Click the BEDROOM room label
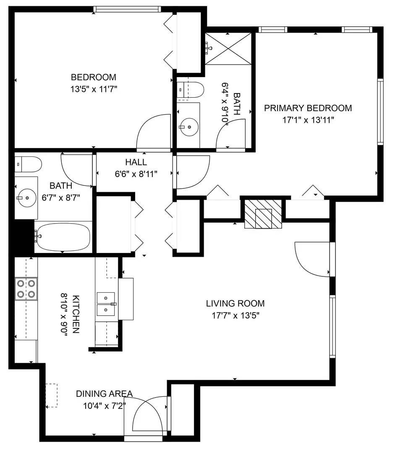pyautogui.click(x=93, y=77)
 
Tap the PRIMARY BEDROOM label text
pyautogui.click(x=308, y=108)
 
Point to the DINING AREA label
pyautogui.click(x=104, y=394)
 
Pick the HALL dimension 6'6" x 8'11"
pyautogui.click(x=136, y=174)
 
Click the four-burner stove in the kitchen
pyautogui.click(x=26, y=289)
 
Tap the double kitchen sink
pyautogui.click(x=106, y=304)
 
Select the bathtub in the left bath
pyautogui.click(x=63, y=237)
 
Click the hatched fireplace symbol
pyautogui.click(x=263, y=213)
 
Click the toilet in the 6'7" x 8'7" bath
pyautogui.click(x=28, y=164)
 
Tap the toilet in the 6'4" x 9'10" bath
pyautogui.click(x=190, y=89)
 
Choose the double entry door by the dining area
pyautogui.click(x=148, y=417)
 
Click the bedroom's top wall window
pyautogui.click(x=127, y=9)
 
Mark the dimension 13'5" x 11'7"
pyautogui.click(x=93, y=89)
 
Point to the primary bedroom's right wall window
pyautogui.click(x=380, y=112)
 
